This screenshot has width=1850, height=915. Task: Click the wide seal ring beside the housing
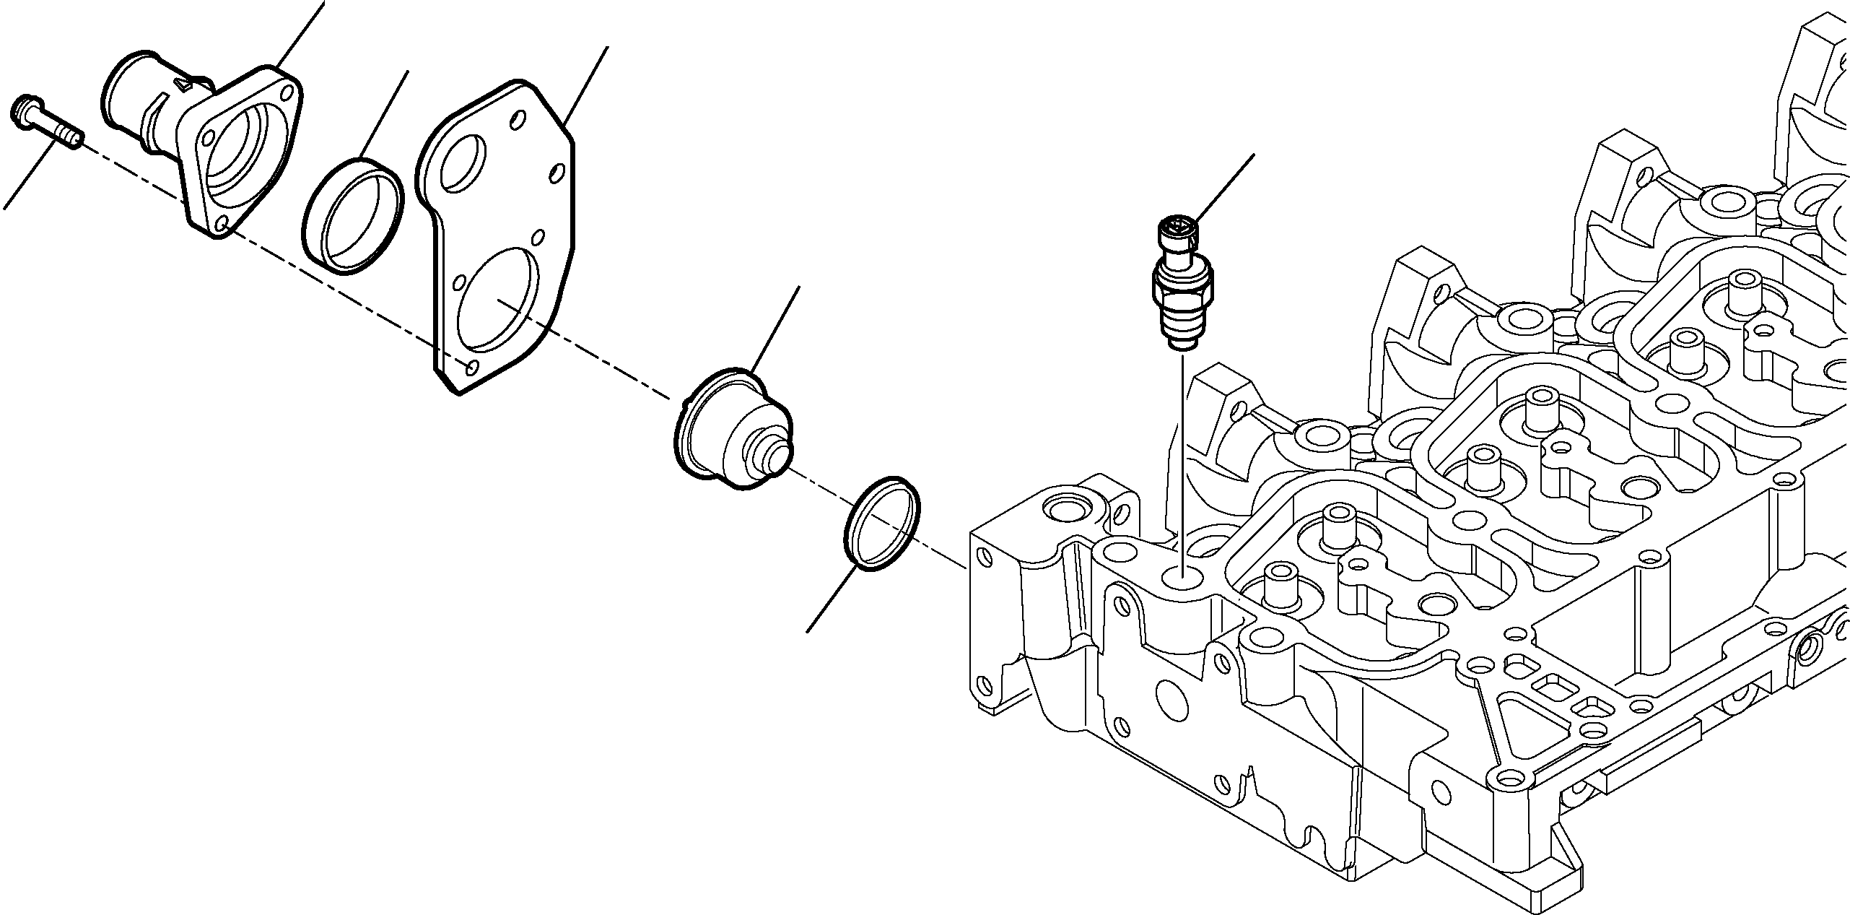tap(352, 216)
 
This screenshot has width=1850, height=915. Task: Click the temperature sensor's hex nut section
tap(1181, 288)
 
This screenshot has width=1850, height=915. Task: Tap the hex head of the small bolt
tap(25, 108)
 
